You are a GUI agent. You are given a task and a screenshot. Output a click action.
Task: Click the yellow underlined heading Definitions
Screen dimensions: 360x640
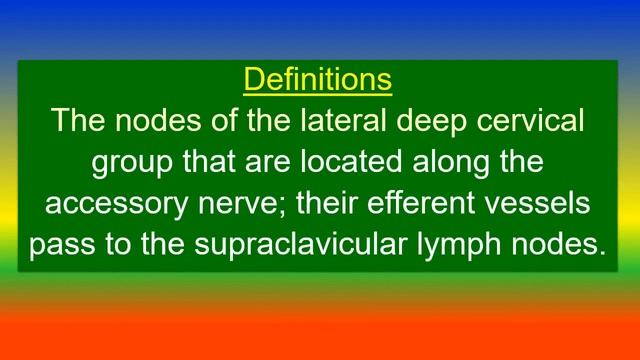(x=318, y=79)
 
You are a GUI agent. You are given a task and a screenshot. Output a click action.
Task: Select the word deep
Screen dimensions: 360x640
(x=429, y=122)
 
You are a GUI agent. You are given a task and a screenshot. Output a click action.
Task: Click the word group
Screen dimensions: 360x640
(x=133, y=163)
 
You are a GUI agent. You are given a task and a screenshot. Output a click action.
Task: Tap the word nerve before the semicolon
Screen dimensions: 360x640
(x=245, y=204)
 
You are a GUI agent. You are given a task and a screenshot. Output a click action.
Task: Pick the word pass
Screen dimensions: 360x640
(x=66, y=245)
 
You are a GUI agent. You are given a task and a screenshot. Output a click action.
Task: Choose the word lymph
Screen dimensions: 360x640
(x=473, y=245)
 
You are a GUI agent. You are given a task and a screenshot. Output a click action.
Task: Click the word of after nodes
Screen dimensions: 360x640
(x=214, y=122)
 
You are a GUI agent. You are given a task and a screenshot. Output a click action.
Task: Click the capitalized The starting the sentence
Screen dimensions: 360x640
(x=77, y=122)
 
